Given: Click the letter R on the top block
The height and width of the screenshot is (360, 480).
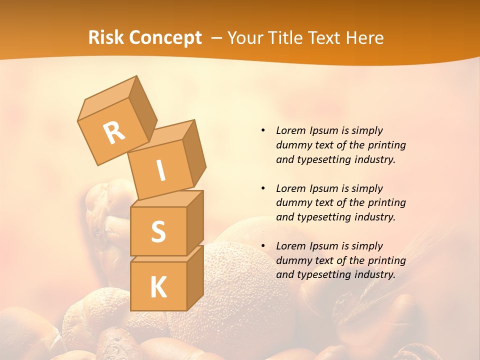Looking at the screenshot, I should tap(114, 133).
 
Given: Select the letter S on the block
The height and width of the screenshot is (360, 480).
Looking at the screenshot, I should tap(158, 231).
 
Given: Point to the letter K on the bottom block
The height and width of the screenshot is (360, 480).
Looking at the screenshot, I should tap(158, 287).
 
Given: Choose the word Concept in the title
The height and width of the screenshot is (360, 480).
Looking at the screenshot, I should tap(165, 38).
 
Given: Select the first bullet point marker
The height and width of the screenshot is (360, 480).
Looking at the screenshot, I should tap(263, 131).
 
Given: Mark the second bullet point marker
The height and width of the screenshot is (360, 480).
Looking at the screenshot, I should tap(263, 188).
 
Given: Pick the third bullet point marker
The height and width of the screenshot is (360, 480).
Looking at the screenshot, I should tap(263, 246).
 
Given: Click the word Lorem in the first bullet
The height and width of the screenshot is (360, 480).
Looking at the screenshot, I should tap(289, 131).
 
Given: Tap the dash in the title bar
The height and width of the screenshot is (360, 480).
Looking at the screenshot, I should tap(217, 38).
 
